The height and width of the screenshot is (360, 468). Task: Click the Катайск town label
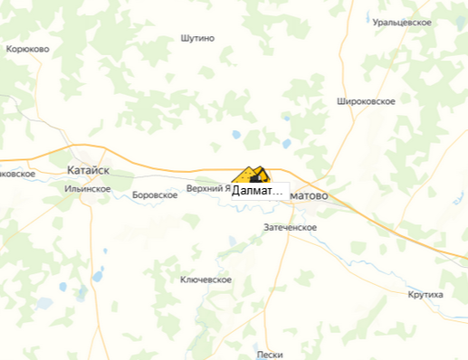point(89,169)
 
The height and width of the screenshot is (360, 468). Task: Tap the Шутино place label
point(197,38)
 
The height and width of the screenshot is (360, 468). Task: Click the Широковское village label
point(365,100)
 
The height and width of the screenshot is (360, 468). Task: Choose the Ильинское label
point(88,188)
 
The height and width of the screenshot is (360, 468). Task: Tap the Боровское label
point(154,194)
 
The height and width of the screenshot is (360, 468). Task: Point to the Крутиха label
point(425,295)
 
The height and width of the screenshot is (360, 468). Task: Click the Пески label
point(270,354)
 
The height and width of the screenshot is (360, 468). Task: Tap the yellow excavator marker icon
point(250,175)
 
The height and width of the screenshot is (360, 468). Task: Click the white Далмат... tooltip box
point(258,191)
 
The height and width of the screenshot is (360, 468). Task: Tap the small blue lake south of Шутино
point(236,135)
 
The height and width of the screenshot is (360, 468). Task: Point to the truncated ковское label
point(17,173)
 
